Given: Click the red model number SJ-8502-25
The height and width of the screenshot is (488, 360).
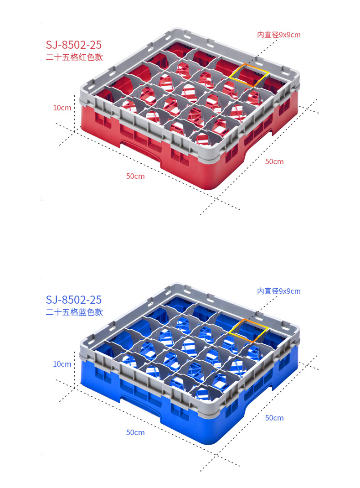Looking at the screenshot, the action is click(x=74, y=45).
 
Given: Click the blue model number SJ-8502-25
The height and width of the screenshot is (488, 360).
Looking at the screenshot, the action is click(x=74, y=300).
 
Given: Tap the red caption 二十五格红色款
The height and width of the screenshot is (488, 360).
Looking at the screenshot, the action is click(x=74, y=57).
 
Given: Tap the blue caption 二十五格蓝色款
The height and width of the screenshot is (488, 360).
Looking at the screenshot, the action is click(x=74, y=312).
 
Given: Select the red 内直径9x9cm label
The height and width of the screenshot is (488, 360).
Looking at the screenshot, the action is click(x=279, y=35).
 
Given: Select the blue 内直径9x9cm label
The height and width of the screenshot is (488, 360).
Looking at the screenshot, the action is click(x=279, y=291).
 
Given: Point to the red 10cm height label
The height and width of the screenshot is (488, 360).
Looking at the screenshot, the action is click(x=62, y=108).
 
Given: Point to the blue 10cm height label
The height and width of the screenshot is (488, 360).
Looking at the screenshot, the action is click(x=62, y=364).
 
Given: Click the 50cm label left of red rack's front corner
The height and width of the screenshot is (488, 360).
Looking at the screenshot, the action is click(x=135, y=176).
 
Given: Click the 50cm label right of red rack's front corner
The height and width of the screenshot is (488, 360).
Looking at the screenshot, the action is click(x=274, y=161).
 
